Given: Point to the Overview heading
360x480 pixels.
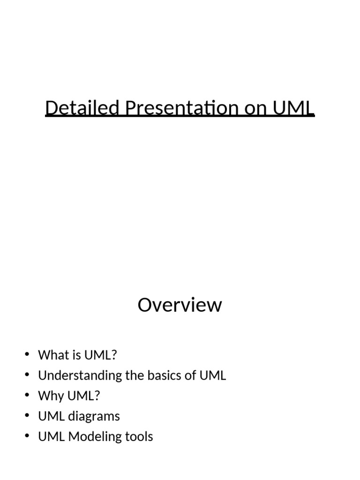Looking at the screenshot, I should pos(180,305).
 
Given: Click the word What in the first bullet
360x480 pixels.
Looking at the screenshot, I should pos(53,355).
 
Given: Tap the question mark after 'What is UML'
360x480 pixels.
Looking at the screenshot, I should pos(114,355).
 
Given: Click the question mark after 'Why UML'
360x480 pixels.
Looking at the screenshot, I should pos(97,396).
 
